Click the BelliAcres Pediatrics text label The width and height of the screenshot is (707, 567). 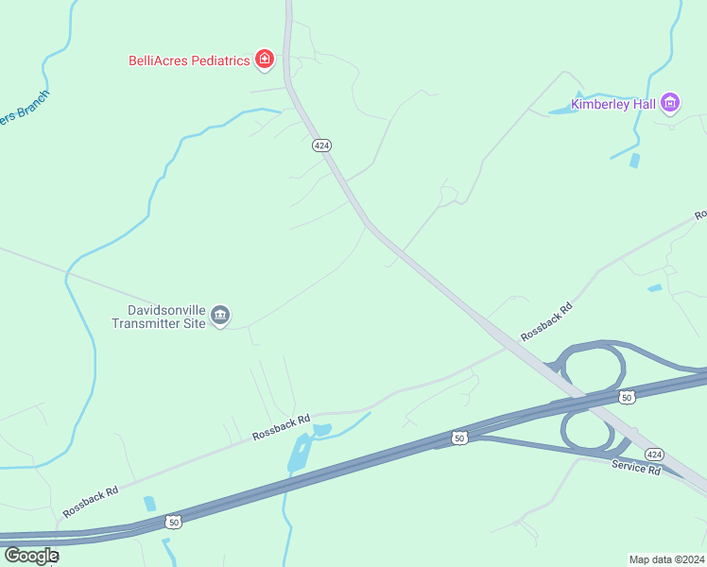pos(189,60)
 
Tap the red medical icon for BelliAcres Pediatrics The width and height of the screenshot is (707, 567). pos(265,60)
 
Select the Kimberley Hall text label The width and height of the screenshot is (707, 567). pos(613,103)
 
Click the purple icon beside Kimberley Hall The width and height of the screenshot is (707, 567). pos(670,102)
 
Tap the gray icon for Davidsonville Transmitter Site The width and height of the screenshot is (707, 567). pos(220,316)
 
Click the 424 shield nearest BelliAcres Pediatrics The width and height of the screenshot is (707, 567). pos(321,146)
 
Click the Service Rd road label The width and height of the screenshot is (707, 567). pos(635,468)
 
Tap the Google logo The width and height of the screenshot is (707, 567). pos(30,556)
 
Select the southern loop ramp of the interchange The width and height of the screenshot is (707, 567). pos(588,430)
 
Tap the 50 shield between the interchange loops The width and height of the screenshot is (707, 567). pos(626,398)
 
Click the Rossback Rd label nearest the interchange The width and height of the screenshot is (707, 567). pos(546,321)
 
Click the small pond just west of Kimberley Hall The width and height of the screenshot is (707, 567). pos(561,111)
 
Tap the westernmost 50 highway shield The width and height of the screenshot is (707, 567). pos(173,521)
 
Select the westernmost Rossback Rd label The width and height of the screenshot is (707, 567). pos(91,502)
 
